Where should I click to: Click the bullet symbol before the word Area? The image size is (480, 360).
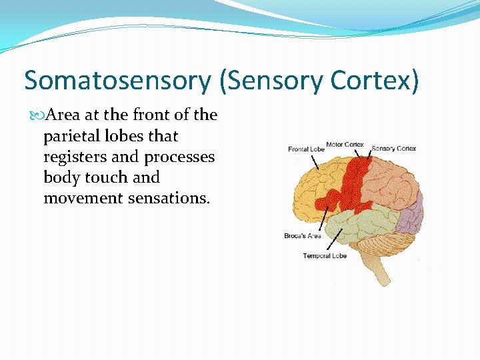pyautogui.click(x=37, y=115)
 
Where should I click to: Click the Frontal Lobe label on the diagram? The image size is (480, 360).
pyautogui.click(x=306, y=149)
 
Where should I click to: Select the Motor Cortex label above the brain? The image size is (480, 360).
pyautogui.click(x=346, y=145)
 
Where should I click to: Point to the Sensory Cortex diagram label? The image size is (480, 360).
pyautogui.click(x=393, y=149)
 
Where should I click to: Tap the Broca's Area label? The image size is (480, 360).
pyautogui.click(x=303, y=236)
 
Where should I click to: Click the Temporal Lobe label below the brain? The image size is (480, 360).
pyautogui.click(x=325, y=256)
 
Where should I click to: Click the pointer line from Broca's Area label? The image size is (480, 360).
pyautogui.click(x=323, y=219)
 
